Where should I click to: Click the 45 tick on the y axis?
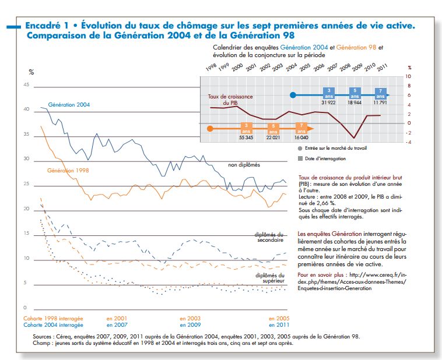[26, 85]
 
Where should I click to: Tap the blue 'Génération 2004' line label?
[69, 105]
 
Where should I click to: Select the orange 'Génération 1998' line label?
[68, 171]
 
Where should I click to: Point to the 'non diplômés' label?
[244, 165]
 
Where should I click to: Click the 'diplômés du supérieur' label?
[270, 278]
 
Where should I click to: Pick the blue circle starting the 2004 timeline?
[293, 95]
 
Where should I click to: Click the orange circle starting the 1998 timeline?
[210, 129]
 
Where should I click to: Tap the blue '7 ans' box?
[380, 93]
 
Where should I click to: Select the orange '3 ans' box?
[246, 128]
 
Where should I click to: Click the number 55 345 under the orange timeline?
[246, 137]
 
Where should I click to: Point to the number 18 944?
[355, 103]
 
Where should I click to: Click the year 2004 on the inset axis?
[292, 67]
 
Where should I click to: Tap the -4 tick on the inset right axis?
[408, 142]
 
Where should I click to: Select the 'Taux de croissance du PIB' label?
[230, 100]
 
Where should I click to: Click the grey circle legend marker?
[300, 149]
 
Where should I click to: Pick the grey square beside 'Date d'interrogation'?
[300, 158]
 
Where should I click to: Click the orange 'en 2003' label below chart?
[190, 319]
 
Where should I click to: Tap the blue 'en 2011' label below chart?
[279, 325]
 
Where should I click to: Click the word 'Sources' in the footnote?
[42, 337]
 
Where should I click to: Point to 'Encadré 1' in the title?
[47, 26]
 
